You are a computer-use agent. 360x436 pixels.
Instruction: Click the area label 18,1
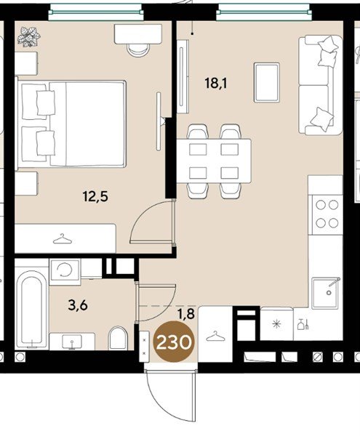click(x=216, y=83)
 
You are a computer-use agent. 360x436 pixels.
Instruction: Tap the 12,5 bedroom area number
click(x=95, y=197)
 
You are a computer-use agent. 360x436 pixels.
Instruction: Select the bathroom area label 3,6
click(x=78, y=305)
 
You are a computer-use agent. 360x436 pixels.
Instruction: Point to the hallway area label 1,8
click(x=186, y=314)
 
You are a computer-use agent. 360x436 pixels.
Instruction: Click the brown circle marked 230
click(x=174, y=342)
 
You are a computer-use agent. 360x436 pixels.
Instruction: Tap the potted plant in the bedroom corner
click(x=28, y=36)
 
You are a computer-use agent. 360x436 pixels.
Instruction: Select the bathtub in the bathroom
click(x=31, y=308)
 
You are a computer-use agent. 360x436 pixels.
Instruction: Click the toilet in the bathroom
click(x=118, y=338)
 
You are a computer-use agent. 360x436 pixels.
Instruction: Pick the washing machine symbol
click(x=65, y=269)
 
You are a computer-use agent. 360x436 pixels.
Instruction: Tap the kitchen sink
click(x=326, y=293)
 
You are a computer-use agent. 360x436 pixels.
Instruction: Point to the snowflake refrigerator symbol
click(x=276, y=324)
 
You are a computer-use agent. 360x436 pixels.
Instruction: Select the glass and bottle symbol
click(x=303, y=324)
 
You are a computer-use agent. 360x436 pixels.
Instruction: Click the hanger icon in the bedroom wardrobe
click(x=63, y=239)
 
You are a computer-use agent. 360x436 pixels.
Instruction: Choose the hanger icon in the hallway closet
click(x=215, y=336)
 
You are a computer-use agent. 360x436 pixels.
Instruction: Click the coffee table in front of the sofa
click(x=266, y=83)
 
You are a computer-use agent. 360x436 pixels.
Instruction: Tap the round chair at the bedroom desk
click(x=138, y=50)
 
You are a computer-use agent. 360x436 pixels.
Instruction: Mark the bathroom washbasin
click(x=72, y=342)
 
